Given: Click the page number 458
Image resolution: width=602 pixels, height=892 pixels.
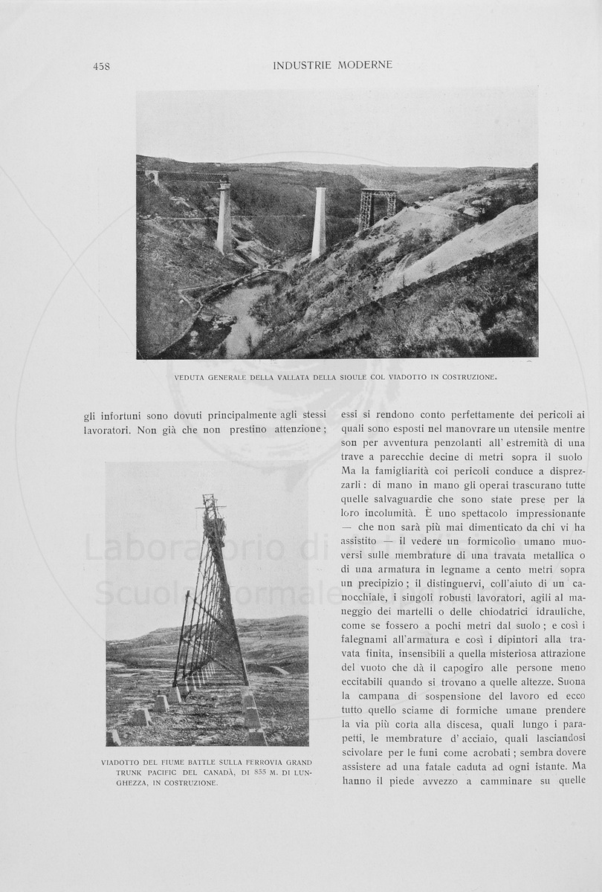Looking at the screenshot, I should [101, 66].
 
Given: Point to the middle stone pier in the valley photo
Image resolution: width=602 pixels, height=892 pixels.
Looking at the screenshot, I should [319, 222].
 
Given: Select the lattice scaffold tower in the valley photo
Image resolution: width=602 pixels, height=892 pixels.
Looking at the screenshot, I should [376, 207].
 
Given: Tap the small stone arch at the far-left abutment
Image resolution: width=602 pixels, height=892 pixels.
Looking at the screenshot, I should [152, 176].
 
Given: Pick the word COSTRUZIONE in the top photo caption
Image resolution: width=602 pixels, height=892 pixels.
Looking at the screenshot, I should [466, 378].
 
